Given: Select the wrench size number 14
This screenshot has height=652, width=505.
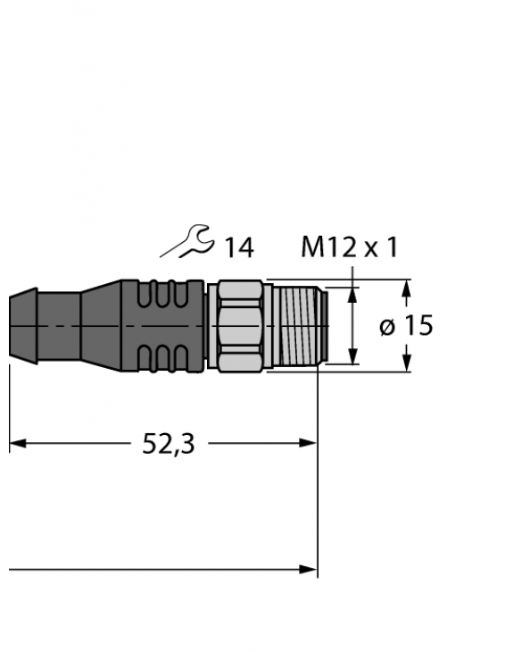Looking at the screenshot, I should pyautogui.click(x=238, y=248).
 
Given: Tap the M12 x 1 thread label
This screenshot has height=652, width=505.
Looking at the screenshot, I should pyautogui.click(x=349, y=247).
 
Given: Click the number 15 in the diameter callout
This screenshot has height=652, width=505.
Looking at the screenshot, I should pyautogui.click(x=416, y=326).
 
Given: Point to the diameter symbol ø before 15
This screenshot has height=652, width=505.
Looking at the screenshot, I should pyautogui.click(x=386, y=327).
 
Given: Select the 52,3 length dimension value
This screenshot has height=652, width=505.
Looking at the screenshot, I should pyautogui.click(x=169, y=443).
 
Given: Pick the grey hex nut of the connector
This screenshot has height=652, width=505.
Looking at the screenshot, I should pyautogui.click(x=237, y=325).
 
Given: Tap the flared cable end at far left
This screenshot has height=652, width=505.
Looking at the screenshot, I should pyautogui.click(x=23, y=325).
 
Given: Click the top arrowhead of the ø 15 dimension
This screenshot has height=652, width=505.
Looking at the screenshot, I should pyautogui.click(x=407, y=288).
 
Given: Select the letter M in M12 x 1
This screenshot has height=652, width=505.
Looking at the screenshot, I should pyautogui.click(x=312, y=247).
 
